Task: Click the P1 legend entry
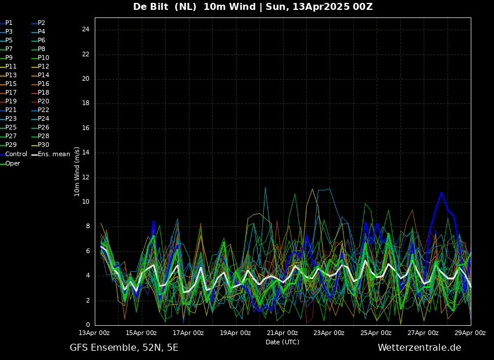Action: coord(6,23)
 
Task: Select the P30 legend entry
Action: coord(41,145)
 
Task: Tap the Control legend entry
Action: coord(13,154)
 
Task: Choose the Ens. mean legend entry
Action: coord(51,154)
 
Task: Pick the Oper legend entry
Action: coord(10,163)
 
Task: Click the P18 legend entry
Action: coord(41,92)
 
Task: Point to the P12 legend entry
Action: coord(41,66)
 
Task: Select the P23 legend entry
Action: coord(9,118)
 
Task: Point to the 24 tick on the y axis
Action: coord(85,30)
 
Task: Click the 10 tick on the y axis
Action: coord(85,202)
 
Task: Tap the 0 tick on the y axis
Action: coord(88,325)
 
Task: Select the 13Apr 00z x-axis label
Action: coord(95,333)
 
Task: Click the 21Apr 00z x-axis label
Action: coord(283,333)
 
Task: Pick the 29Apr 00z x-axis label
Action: coord(471,333)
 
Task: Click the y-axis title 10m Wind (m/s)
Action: coord(77,171)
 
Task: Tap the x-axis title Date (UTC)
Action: coord(282,342)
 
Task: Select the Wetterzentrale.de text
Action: coord(420,348)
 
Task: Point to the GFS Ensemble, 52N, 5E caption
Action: coord(124,348)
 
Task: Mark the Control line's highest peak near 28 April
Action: coord(441,193)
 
